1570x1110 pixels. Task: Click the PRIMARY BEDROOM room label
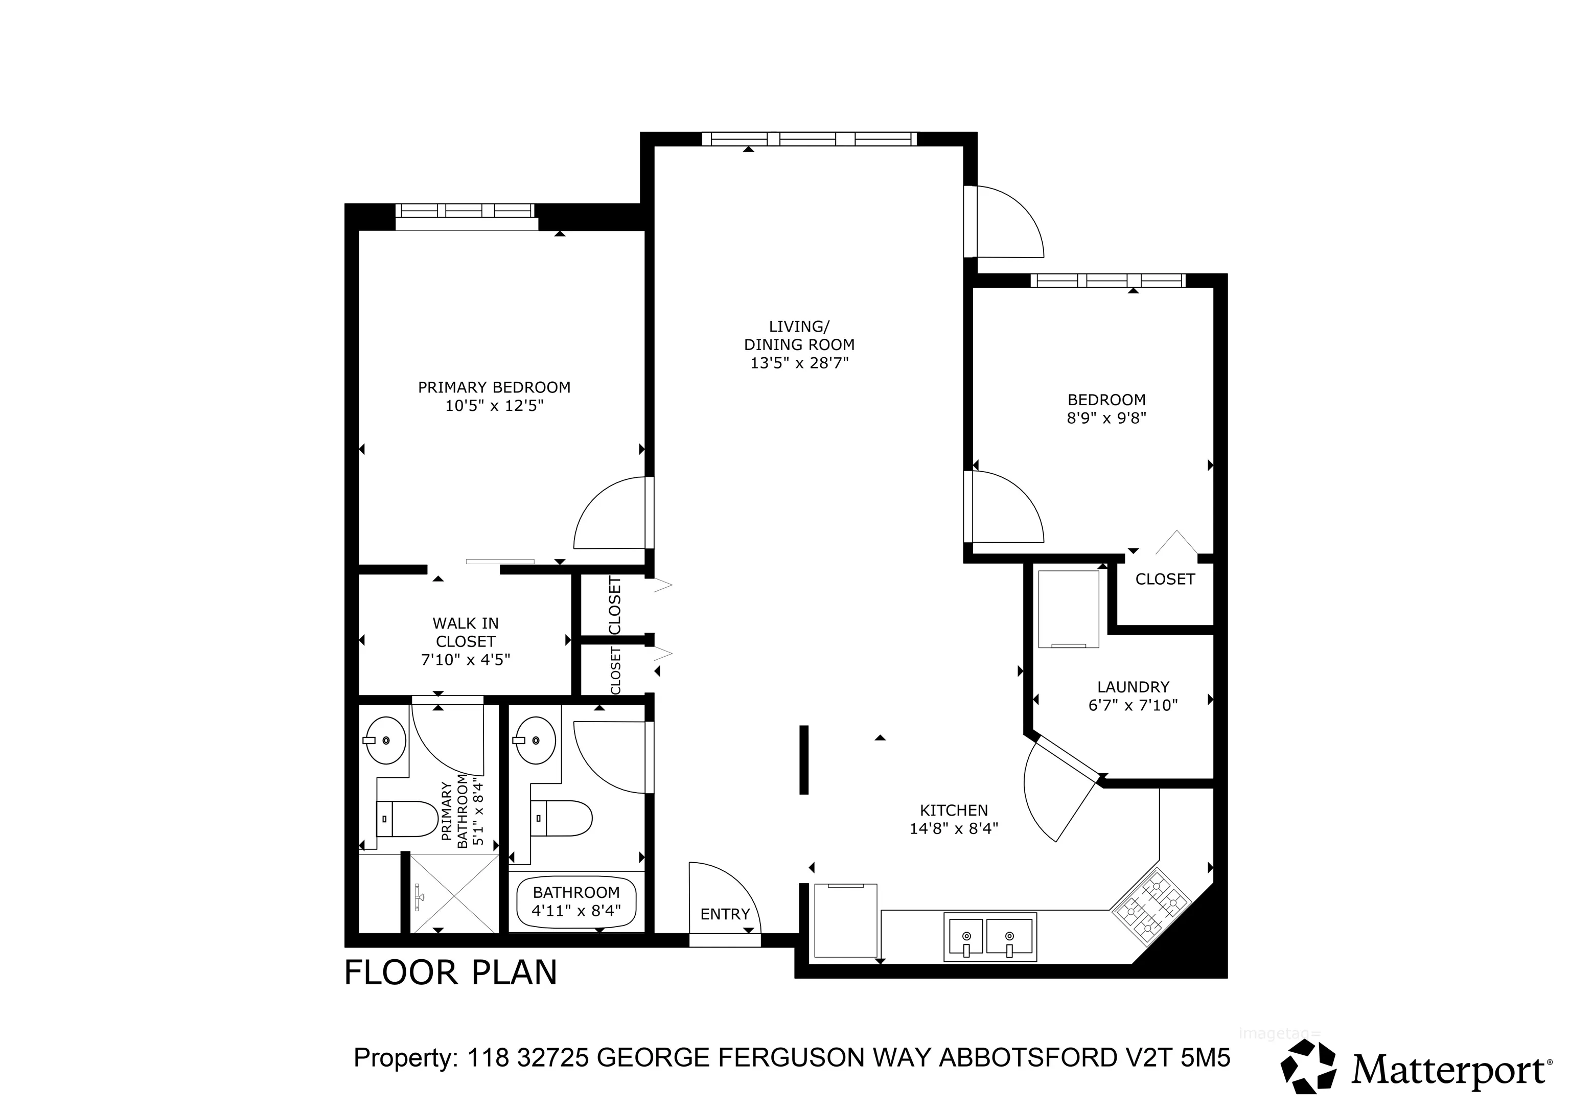(x=494, y=387)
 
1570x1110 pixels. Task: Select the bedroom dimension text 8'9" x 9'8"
(x=1106, y=418)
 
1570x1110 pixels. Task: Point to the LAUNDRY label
(x=1133, y=687)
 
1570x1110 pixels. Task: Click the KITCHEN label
(x=953, y=811)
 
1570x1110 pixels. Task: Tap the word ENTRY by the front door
(x=725, y=914)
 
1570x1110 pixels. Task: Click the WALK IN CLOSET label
(x=465, y=633)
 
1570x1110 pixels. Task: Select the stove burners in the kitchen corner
(x=1151, y=904)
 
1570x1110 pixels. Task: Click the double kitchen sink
(x=989, y=936)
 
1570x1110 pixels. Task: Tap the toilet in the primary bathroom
(x=407, y=819)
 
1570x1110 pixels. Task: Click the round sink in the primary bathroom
(x=386, y=740)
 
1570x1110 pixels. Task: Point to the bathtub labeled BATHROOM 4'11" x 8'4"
(x=576, y=901)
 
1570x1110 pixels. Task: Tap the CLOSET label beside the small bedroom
(x=1165, y=580)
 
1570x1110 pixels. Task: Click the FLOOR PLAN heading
(x=450, y=973)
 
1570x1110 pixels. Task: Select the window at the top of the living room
(x=809, y=139)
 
